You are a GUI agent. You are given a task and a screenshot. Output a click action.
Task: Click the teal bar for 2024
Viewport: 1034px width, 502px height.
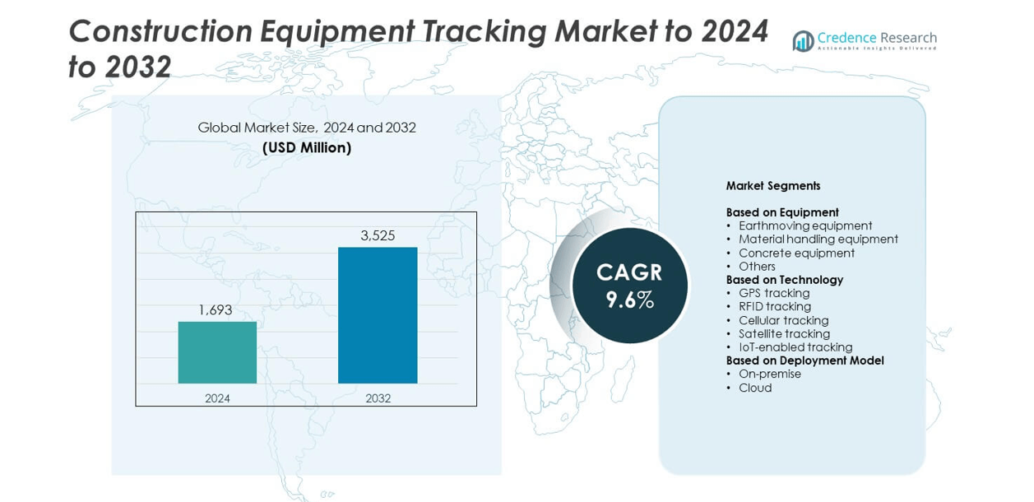coord(217,352)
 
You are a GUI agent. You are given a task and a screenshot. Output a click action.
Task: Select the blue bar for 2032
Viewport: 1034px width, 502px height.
coord(378,315)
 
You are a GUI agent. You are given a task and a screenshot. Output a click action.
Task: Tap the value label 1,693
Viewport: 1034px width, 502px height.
coord(216,310)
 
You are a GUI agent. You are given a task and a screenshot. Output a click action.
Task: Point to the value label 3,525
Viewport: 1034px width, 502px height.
coord(378,235)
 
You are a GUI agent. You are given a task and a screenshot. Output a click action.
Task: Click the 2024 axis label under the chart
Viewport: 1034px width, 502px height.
coord(217,398)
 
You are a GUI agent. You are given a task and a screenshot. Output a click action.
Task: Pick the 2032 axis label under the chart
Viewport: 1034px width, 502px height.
coord(378,398)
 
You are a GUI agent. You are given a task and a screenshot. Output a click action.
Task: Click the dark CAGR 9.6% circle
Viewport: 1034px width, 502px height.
coord(629,286)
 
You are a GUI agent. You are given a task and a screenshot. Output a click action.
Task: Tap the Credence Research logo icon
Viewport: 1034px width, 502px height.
coord(803,41)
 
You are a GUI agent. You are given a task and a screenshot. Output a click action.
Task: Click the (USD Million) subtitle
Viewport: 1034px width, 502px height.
coord(307,148)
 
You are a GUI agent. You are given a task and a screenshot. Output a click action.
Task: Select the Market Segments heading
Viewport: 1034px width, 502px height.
coord(773,186)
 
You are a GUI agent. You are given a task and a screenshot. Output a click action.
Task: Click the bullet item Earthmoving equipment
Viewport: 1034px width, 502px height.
coord(805,225)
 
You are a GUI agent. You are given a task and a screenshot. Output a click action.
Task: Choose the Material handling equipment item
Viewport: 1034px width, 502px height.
coord(818,239)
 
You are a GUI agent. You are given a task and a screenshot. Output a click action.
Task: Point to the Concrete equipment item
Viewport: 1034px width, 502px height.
coord(796,253)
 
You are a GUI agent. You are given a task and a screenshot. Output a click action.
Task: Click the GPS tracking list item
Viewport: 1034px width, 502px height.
coord(774,293)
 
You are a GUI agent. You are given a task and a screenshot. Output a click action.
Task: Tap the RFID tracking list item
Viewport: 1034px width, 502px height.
coord(775,307)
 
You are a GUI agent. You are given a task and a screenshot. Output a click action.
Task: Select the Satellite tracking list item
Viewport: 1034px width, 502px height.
coord(784,334)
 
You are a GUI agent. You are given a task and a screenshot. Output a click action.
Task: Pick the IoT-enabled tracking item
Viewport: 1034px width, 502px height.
coord(795,347)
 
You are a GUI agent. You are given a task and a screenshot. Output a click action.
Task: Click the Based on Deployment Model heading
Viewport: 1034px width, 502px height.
coord(804,360)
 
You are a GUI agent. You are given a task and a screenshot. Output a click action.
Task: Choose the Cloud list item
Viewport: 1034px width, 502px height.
coord(755,388)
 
